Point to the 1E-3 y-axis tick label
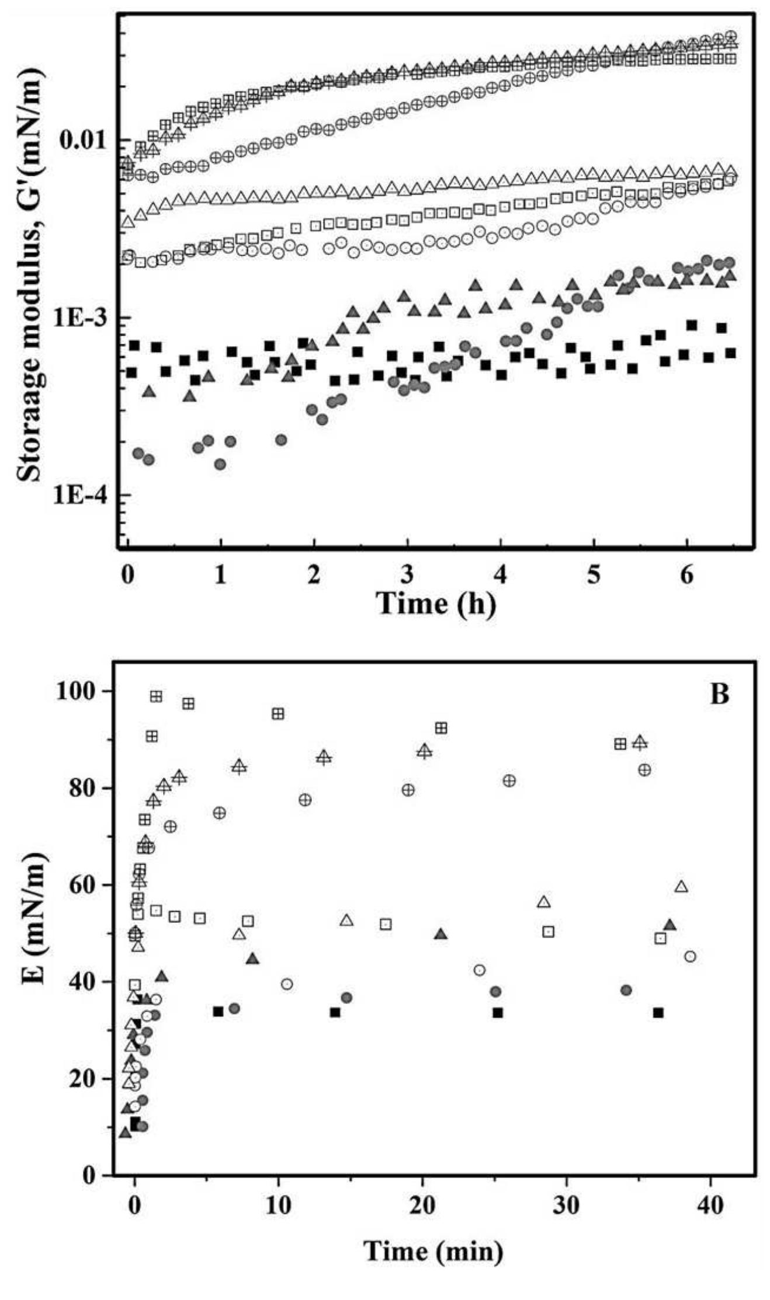pos(80,318)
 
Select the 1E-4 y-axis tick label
pos(80,496)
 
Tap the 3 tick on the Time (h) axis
pos(407,575)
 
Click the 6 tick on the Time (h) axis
pos(687,575)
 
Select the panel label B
pos(719,694)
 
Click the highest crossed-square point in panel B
pos(156,696)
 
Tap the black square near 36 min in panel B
pos(658,1013)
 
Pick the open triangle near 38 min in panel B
pos(681,887)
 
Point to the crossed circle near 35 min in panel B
pos(644,770)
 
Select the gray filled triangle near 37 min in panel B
pos(670,925)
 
